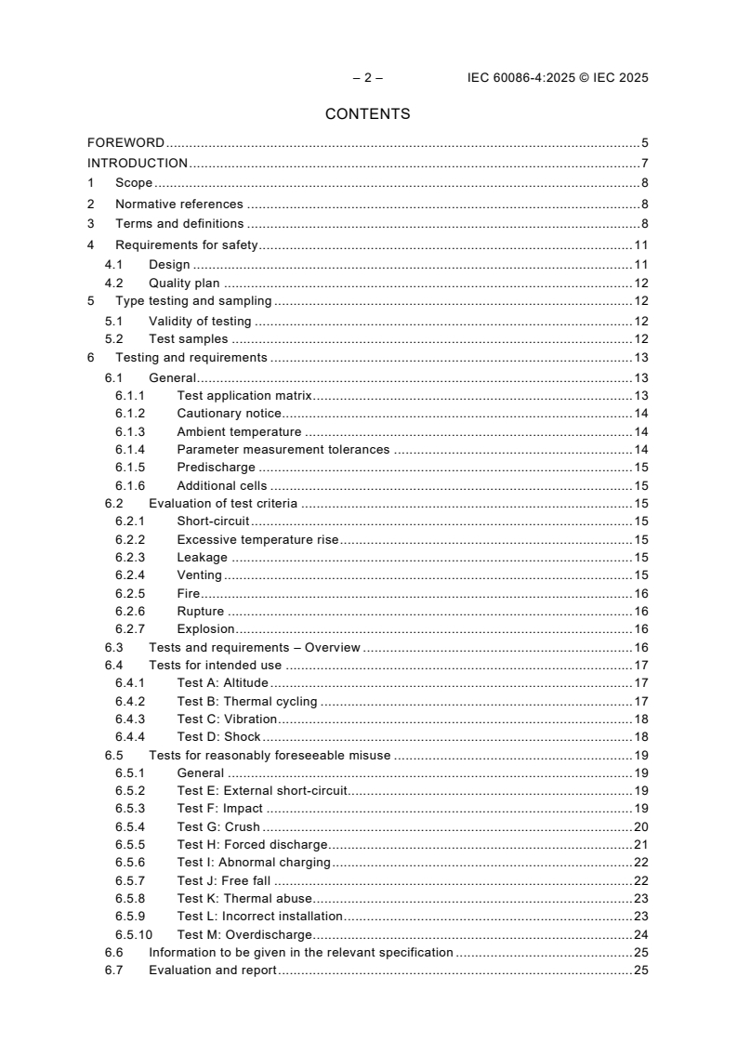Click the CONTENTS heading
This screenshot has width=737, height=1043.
click(x=368, y=114)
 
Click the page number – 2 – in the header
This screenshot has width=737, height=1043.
click(x=368, y=78)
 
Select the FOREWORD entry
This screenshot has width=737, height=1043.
click(x=125, y=143)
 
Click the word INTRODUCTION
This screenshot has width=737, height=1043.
click(x=138, y=164)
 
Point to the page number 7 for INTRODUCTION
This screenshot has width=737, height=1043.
click(x=644, y=164)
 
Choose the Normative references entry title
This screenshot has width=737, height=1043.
click(x=178, y=205)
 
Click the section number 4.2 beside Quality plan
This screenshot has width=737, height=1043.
click(x=113, y=284)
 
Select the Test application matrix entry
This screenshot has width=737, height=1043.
click(x=244, y=394)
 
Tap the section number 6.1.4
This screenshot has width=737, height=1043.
click(x=130, y=450)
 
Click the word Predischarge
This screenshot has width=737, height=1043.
click(x=216, y=468)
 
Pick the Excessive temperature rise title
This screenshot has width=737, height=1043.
click(x=257, y=540)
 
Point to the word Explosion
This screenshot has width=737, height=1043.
click(x=205, y=629)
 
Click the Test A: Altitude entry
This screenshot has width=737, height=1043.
click(x=223, y=683)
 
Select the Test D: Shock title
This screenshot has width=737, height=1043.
click(x=218, y=737)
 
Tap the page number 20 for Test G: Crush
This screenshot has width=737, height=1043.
click(x=640, y=827)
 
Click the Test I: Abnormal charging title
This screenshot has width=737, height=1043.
click(x=254, y=863)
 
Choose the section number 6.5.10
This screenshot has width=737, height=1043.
click(x=134, y=935)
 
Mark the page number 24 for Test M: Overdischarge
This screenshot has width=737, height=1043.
click(x=640, y=935)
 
